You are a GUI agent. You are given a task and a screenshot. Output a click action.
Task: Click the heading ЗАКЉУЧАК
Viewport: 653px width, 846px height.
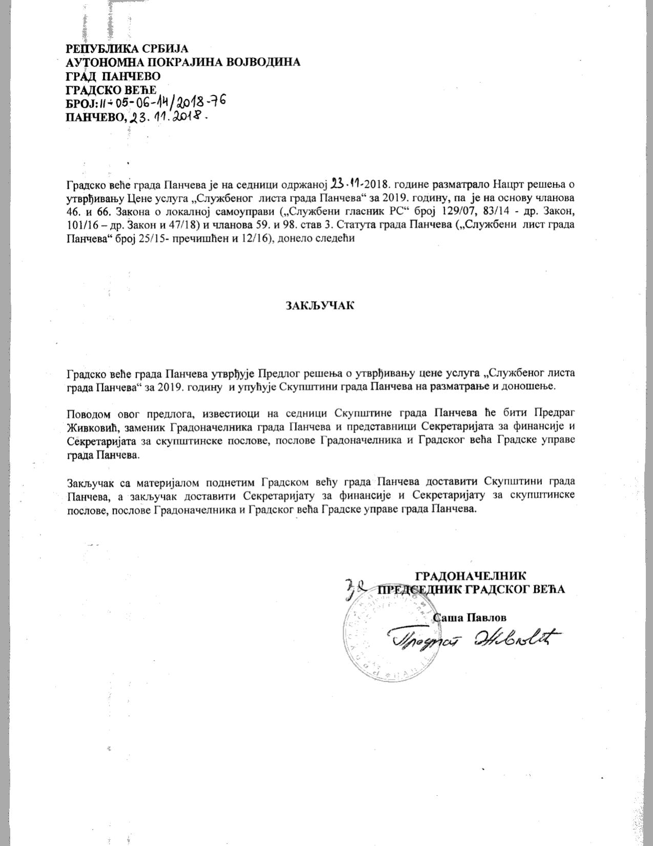(320, 305)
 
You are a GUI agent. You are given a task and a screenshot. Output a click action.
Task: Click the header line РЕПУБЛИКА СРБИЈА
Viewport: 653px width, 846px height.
(128, 49)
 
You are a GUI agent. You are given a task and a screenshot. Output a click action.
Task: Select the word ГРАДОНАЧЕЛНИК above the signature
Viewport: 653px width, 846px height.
(470, 575)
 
